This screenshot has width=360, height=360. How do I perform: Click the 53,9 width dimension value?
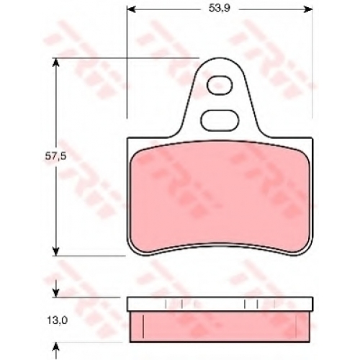coord(219,9)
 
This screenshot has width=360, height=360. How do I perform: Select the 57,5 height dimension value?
coord(55,156)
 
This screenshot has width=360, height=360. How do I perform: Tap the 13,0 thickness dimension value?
coord(57,321)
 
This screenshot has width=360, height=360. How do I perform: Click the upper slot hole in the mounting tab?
coord(220,86)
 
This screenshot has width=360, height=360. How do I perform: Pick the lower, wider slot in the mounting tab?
coord(220,120)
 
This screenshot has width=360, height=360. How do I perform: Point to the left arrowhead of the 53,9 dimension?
coord(130,9)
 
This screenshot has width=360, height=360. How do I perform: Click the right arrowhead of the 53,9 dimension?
coord(308,9)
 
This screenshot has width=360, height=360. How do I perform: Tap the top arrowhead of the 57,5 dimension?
coord(55,63)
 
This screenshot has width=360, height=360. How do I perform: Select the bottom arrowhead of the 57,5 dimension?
coord(55,251)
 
